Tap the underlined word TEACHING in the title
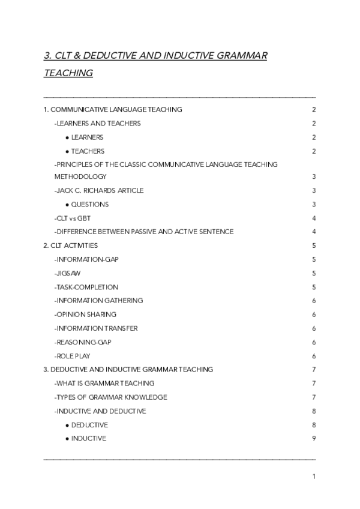[68, 73]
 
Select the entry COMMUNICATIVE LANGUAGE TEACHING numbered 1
[113, 109]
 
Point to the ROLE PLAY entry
[72, 356]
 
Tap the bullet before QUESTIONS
[67, 205]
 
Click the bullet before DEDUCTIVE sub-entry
[67, 425]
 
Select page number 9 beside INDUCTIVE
[314, 439]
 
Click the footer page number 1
[314, 477]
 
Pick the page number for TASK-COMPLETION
[314, 287]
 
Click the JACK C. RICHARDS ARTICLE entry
[99, 190]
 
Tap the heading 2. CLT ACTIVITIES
[71, 245]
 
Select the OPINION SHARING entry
[85, 315]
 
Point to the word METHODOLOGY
[80, 176]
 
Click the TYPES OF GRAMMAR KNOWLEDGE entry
[110, 397]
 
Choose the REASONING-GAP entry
[83, 342]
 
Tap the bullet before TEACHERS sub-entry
[67, 151]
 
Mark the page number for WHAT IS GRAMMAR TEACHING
[314, 383]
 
